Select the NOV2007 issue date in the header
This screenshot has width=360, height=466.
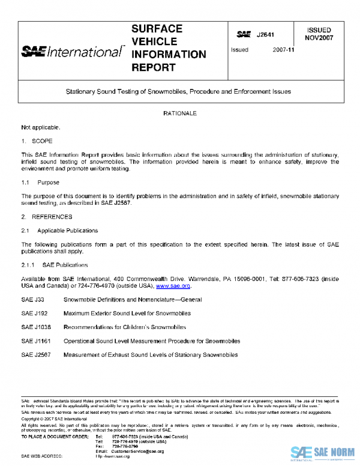click(x=319, y=37)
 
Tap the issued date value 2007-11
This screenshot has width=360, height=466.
click(x=282, y=50)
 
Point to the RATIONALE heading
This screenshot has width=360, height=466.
click(x=179, y=113)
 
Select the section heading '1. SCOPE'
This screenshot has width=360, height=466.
click(x=37, y=141)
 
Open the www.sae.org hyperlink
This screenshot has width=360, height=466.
click(x=173, y=286)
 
